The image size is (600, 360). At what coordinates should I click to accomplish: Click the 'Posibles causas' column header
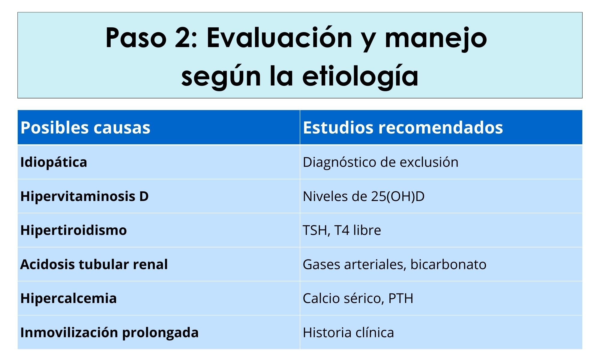coord(85,127)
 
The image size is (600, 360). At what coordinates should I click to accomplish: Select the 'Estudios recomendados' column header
coord(403,127)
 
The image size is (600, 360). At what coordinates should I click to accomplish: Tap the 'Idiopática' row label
coord(54,162)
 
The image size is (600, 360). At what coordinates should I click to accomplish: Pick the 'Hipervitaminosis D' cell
coord(85,196)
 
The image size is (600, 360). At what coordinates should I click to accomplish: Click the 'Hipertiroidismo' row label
coord(73,230)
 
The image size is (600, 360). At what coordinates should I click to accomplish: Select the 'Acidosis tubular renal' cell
coord(94,264)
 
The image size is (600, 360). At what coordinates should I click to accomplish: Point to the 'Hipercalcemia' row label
coord(68,298)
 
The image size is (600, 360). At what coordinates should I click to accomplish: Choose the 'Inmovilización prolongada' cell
coord(109,332)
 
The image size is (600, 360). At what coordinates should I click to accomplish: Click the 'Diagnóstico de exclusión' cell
coord(381,162)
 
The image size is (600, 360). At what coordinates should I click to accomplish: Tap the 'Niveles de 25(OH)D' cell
coord(364,196)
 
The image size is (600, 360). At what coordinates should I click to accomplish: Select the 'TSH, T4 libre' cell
coord(342,230)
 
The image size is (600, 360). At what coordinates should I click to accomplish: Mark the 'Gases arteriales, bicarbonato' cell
coord(394,264)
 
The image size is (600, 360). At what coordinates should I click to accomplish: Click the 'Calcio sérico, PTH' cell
coord(358,298)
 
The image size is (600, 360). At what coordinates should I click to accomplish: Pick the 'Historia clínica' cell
coord(348,332)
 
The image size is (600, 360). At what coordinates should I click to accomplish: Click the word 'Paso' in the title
coord(136,38)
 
